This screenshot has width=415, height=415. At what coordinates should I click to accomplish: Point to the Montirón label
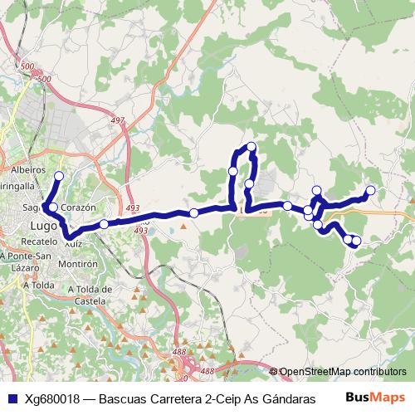point(79,263)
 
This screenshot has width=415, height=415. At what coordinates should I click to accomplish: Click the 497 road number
point(117,120)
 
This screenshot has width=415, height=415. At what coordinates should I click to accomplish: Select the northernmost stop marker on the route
point(251,148)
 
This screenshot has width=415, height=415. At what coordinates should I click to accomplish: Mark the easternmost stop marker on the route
point(370,190)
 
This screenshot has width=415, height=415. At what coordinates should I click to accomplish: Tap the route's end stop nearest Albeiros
point(59,175)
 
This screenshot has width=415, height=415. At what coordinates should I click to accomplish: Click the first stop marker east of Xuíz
point(104,223)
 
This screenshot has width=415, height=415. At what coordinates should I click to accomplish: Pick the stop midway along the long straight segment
point(193,213)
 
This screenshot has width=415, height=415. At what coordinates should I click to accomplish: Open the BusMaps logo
point(376,397)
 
